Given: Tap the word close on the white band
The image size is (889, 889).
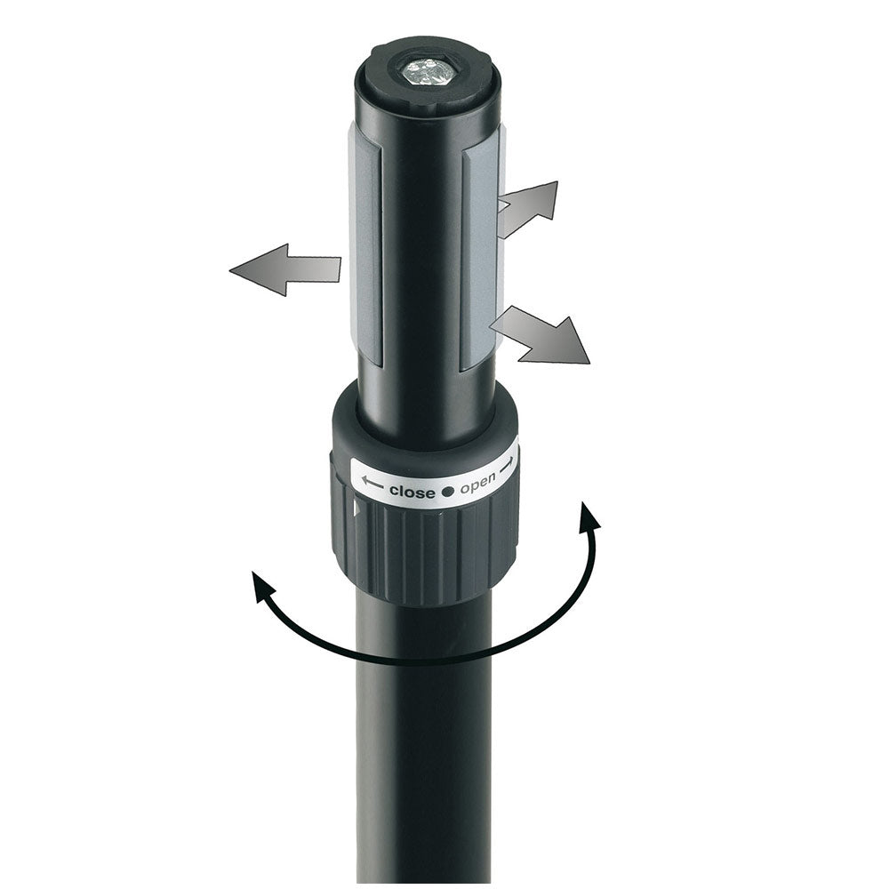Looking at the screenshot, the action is tap(412, 492).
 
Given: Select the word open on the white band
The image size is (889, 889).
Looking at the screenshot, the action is tap(477, 484).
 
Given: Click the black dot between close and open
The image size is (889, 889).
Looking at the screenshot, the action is tap(448, 492).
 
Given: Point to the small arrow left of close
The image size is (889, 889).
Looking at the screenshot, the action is tap(372, 483).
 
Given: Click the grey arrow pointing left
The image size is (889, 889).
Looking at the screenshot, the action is tap(285, 270).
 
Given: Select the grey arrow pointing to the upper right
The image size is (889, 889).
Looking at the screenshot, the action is tap(527, 208).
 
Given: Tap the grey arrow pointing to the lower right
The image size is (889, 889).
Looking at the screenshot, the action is tap(540, 336).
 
